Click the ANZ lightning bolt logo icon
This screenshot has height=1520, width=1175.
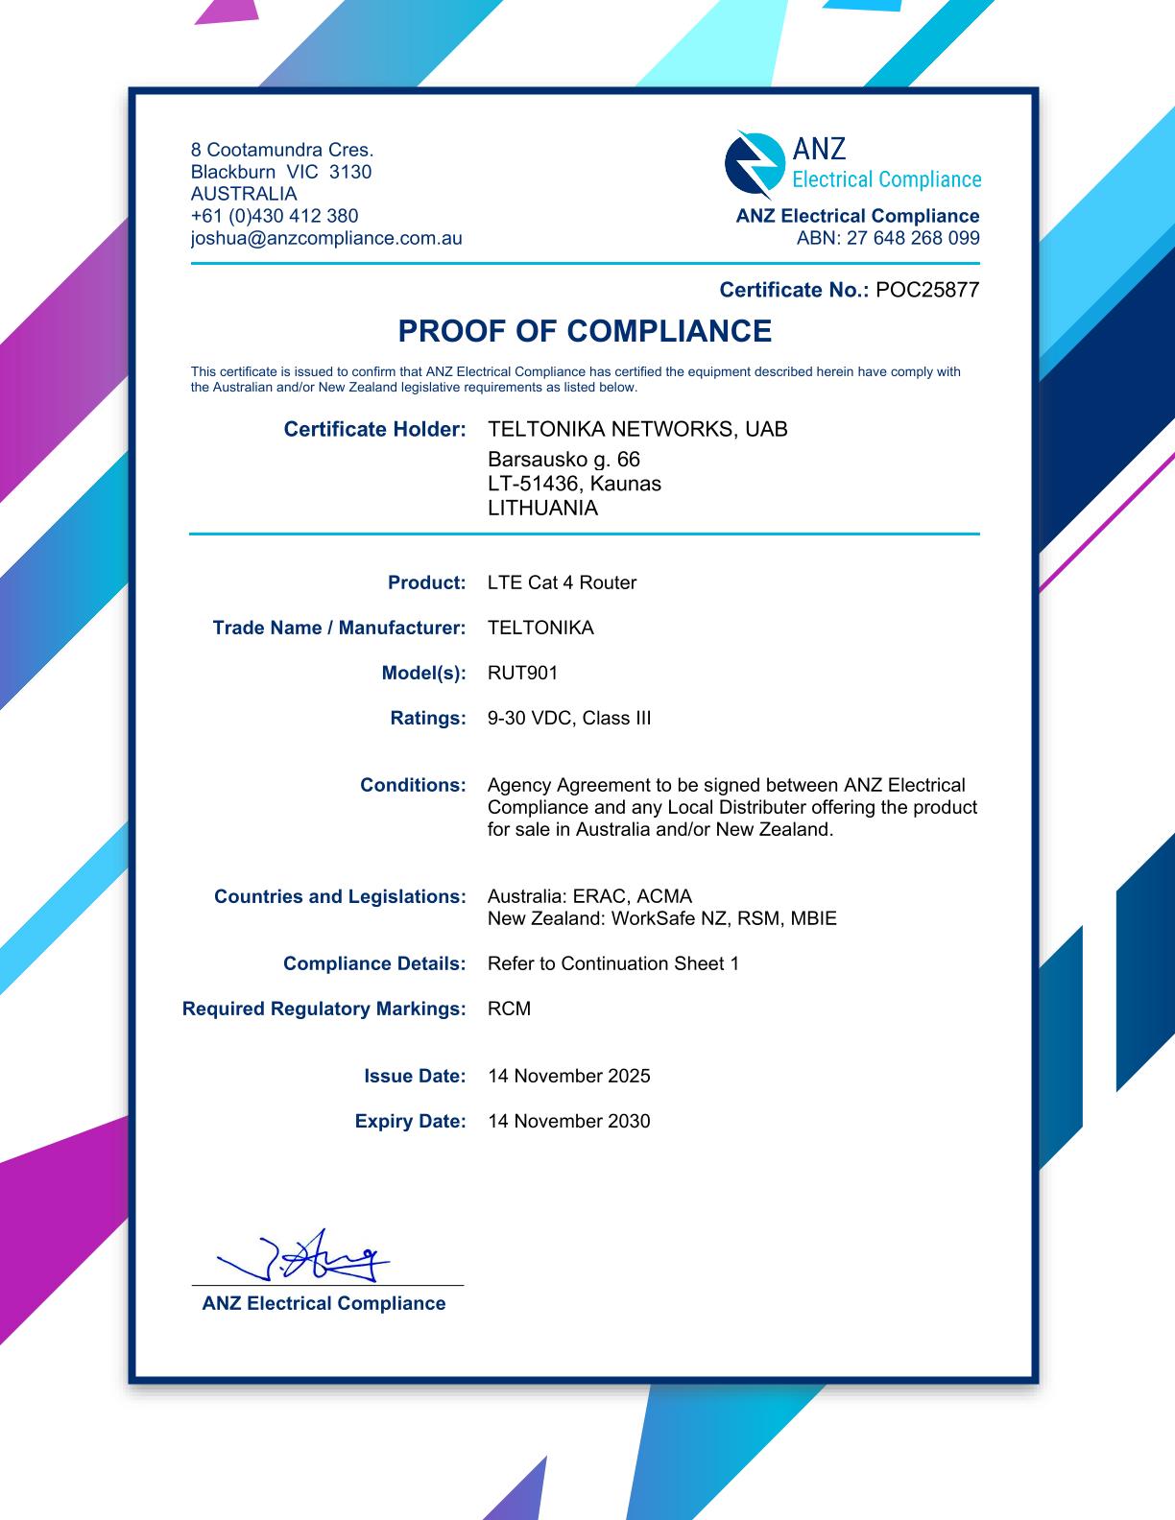click(x=754, y=163)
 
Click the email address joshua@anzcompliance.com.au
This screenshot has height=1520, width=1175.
click(x=326, y=238)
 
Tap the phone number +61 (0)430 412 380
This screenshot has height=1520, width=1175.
click(x=275, y=216)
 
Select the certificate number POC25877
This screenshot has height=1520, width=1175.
click(x=927, y=290)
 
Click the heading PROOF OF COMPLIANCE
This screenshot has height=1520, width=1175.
click(x=585, y=331)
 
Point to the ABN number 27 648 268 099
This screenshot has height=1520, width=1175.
click(x=913, y=238)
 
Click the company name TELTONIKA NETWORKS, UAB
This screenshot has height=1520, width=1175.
click(x=637, y=429)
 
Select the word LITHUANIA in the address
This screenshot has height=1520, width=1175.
click(x=542, y=509)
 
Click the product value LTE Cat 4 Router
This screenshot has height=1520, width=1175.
click(x=562, y=582)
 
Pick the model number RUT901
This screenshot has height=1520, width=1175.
click(x=522, y=673)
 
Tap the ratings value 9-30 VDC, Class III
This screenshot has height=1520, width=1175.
click(x=569, y=718)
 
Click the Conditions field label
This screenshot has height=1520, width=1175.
click(x=413, y=785)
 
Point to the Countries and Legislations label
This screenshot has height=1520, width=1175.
click(x=340, y=896)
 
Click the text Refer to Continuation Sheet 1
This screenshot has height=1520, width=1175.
click(x=613, y=963)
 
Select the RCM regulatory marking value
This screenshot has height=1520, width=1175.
click(x=509, y=1009)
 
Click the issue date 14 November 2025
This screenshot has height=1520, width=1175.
click(x=568, y=1076)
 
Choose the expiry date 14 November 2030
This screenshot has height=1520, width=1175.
click(x=568, y=1121)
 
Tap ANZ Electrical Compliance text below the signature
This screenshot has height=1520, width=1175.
click(x=324, y=1303)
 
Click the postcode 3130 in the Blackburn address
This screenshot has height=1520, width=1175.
click(x=350, y=172)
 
